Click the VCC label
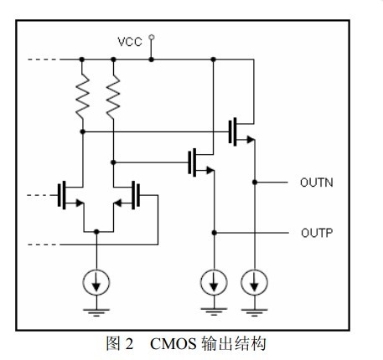click(130, 42)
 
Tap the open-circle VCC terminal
click(152, 37)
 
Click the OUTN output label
click(317, 183)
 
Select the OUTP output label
click(317, 233)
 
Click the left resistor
click(83, 95)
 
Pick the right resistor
click(113, 95)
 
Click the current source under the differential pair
click(96, 282)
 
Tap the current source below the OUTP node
click(214, 282)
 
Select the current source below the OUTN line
click(254, 282)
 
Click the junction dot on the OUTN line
click(255, 183)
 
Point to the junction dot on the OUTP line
click(215, 233)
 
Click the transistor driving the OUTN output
click(241, 131)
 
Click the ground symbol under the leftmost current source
click(96, 312)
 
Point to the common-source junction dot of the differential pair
click(96, 232)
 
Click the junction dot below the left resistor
click(83, 131)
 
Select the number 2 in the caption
click(129, 344)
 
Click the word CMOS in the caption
click(173, 344)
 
